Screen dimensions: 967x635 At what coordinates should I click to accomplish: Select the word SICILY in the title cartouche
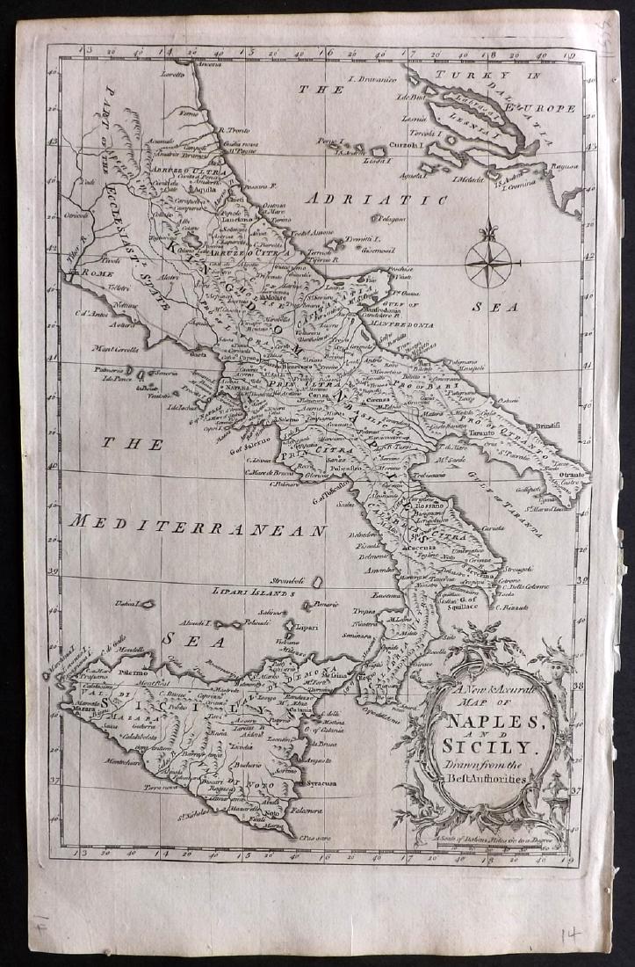point(489,749)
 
